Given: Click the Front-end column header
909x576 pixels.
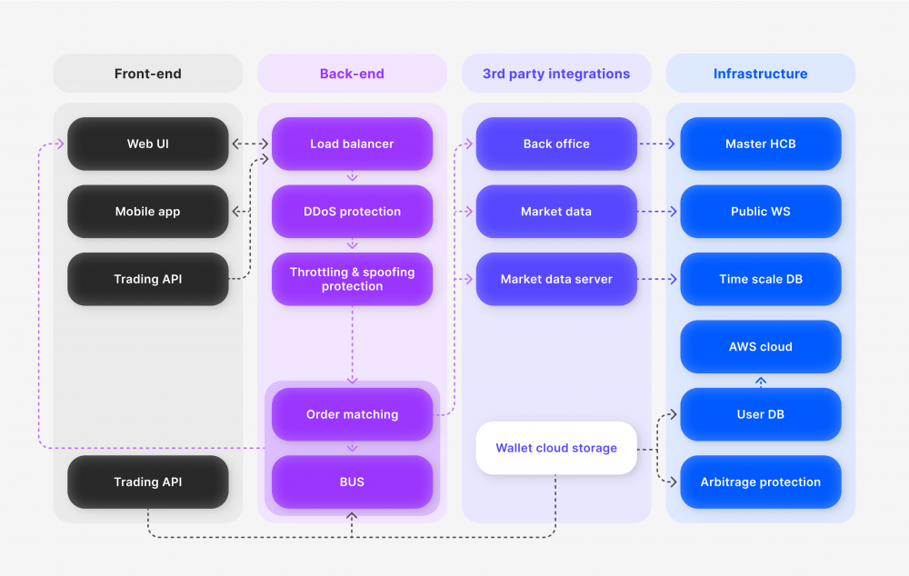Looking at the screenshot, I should (147, 74).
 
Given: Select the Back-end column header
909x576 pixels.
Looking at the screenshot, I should (352, 74).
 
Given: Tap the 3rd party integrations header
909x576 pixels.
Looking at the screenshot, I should (556, 74).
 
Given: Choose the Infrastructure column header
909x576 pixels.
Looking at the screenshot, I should (760, 74).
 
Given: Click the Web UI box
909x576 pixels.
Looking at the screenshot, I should (147, 144).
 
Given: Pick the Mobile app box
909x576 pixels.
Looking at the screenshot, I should (147, 212).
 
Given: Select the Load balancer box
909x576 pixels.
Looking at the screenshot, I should (352, 144).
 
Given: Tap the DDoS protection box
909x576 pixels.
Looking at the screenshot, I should (352, 212).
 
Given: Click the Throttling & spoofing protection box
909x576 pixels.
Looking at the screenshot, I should (352, 279).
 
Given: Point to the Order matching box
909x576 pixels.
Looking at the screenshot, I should (352, 414).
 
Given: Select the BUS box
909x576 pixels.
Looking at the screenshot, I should (352, 482).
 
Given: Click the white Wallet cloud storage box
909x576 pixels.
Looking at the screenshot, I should (556, 448).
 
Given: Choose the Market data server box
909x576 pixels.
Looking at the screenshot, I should (556, 279).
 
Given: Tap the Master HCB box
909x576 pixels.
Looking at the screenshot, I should (760, 144).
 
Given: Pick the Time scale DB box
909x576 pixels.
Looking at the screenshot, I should (760, 279).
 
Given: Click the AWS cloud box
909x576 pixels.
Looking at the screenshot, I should (760, 346).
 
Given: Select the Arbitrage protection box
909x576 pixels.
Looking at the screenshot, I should (760, 482).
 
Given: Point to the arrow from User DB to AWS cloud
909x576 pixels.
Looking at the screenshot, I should (761, 381).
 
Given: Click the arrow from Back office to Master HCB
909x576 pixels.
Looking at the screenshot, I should (658, 144).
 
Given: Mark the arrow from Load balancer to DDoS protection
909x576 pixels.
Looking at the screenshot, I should (353, 177).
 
